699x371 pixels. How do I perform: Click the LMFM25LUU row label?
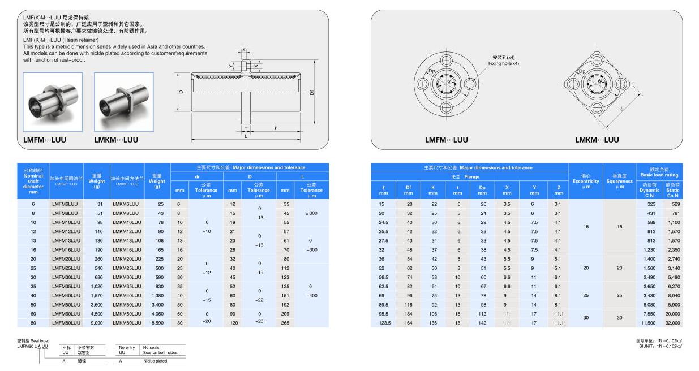(x=64, y=268)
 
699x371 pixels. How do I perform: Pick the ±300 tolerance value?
(x=311, y=213)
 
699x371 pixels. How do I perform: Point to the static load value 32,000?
(x=673, y=323)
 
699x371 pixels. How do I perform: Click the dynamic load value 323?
(x=650, y=204)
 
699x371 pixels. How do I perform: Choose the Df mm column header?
(x=408, y=190)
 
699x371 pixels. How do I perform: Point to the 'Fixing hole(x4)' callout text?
(x=503, y=64)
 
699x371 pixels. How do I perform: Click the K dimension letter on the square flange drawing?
(x=621, y=108)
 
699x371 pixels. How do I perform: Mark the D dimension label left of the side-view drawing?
(x=181, y=92)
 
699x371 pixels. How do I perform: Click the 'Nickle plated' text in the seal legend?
(x=155, y=360)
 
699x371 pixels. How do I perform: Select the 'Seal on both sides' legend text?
(x=160, y=352)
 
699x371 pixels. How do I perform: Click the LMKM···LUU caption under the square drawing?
(x=597, y=140)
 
